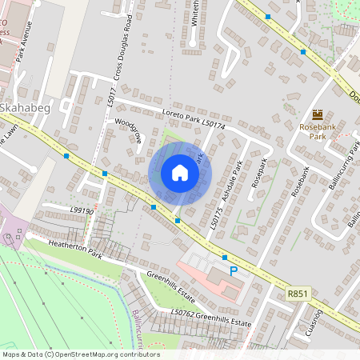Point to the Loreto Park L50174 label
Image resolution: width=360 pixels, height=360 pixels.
pos(193,121)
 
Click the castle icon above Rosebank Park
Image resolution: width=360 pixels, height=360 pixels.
pos(318,114)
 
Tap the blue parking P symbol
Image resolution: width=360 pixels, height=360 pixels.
pos(234,272)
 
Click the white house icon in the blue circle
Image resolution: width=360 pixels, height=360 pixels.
pos(179,173)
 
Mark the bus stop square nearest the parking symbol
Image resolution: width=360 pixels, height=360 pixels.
pos(225,258)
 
